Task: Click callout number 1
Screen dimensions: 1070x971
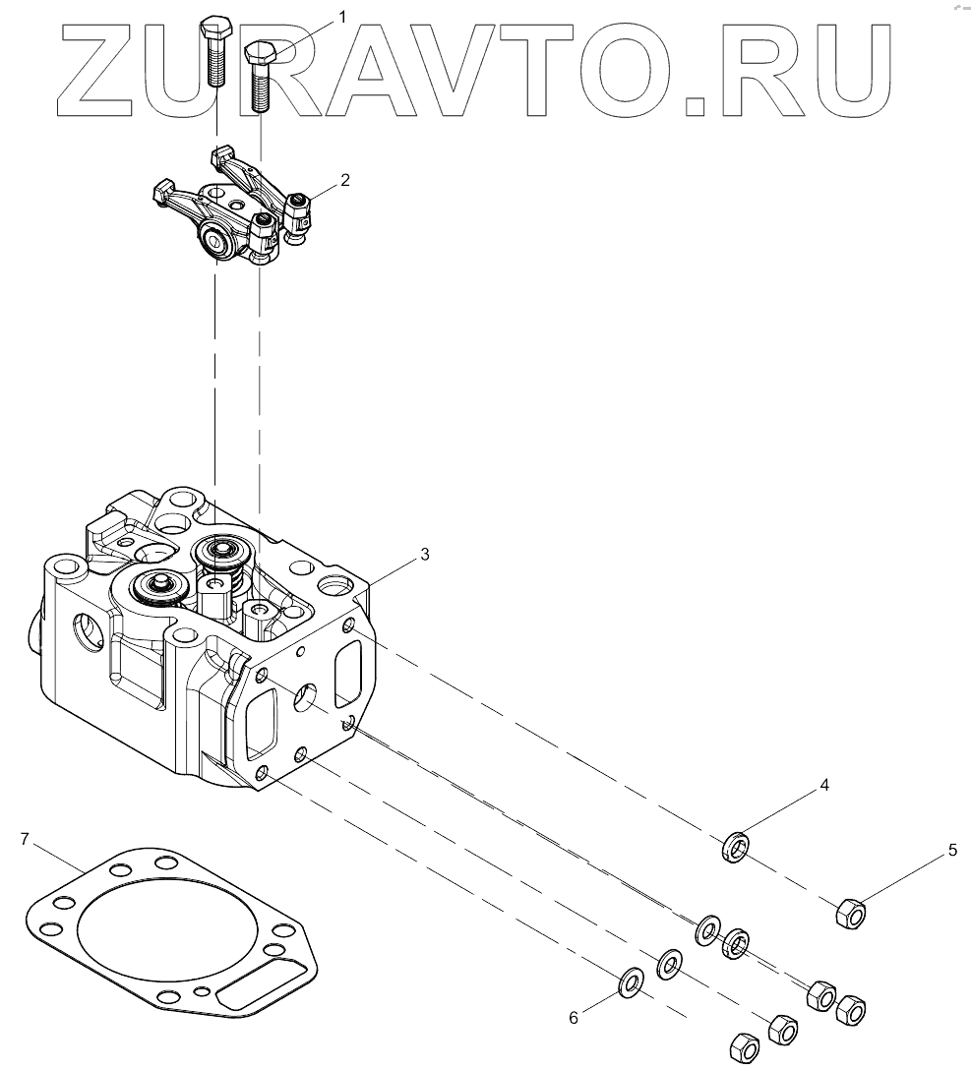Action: (342, 16)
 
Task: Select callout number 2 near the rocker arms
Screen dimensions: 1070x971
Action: (345, 180)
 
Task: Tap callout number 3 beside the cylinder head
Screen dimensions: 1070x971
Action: (424, 555)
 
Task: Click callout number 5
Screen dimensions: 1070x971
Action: (952, 851)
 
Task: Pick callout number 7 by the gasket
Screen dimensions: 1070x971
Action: (26, 838)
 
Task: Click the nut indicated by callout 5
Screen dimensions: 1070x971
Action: (850, 915)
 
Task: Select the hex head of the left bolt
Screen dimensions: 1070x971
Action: (215, 30)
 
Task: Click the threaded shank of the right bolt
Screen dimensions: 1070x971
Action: (262, 89)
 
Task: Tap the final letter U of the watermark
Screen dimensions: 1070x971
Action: (854, 69)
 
